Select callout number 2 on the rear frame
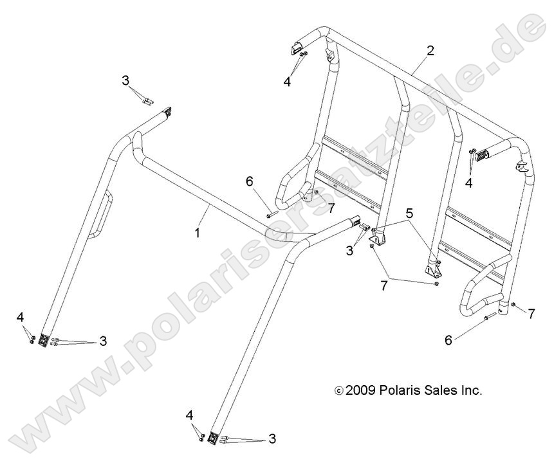pos(430,51)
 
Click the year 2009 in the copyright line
pos(362,390)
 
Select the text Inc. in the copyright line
pos(470,390)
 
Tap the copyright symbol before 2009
pos(339,391)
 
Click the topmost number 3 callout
pos(125,80)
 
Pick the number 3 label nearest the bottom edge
pos(272,439)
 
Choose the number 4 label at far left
pos(21,317)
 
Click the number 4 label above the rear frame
pos(287,82)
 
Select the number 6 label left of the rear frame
pos(249,181)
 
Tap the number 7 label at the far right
pos(531,314)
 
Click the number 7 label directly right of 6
pos(331,208)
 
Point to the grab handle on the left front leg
pos(102,215)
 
